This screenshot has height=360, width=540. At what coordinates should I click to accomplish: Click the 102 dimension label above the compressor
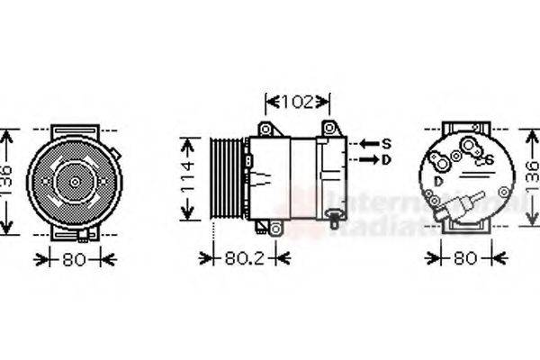[x=298, y=103]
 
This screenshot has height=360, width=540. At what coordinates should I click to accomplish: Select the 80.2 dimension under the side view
[x=245, y=258]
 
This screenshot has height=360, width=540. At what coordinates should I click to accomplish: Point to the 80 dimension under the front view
[x=75, y=259]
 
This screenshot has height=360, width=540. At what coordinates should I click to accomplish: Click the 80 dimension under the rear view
[x=463, y=259]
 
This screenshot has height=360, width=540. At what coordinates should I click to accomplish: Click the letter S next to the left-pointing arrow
[x=386, y=143]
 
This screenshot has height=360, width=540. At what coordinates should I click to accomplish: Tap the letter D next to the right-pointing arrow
[x=386, y=159]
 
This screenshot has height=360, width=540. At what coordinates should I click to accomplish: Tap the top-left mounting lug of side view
[x=265, y=129]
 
